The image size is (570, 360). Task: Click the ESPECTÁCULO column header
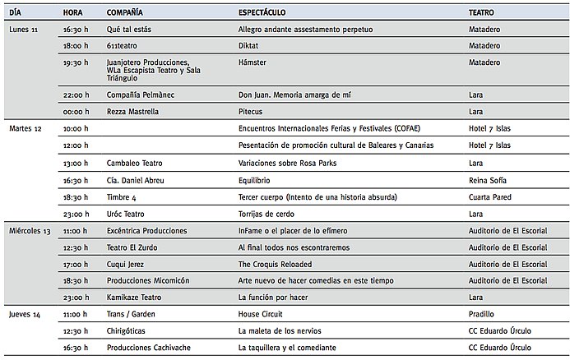[x=262, y=13]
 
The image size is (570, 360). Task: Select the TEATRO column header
[x=481, y=13]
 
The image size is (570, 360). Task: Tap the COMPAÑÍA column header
[x=124, y=13]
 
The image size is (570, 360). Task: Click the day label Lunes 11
[x=24, y=30]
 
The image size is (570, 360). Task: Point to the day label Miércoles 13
[x=30, y=231]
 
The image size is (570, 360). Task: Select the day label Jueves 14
[x=25, y=314]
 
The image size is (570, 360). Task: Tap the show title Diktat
[x=248, y=46]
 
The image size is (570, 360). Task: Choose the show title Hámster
[x=252, y=62]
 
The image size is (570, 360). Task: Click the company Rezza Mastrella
[x=132, y=111]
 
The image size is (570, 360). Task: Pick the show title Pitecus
[x=251, y=111]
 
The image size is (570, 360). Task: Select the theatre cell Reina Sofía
[x=488, y=180]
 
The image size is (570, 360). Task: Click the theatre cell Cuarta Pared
[x=491, y=197]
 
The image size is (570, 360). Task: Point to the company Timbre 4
[x=122, y=197]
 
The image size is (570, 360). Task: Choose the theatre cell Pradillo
[x=481, y=314]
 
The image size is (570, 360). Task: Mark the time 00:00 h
[x=76, y=111]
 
